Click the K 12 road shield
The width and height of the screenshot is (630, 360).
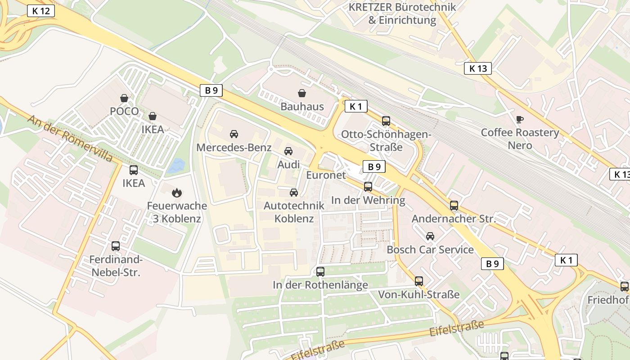coord(41,11)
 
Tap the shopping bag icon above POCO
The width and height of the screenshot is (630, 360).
coord(124,98)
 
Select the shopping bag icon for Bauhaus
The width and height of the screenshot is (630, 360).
coord(302,93)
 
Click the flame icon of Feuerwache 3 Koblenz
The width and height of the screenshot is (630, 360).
coord(176,193)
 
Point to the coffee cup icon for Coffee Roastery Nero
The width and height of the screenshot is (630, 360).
coord(520,119)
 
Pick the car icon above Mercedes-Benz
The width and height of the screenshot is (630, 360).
coord(234,134)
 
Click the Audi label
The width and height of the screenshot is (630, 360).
coord(288,164)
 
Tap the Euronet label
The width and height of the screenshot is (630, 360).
coord(326,175)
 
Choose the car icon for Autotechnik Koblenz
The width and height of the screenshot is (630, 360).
coord(294,193)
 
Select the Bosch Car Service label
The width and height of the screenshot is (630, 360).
coord(430,249)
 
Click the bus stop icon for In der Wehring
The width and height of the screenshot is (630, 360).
coord(368,186)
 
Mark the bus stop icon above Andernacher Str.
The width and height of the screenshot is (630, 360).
coord(454,206)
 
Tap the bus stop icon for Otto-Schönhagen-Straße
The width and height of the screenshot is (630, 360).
coord(386,121)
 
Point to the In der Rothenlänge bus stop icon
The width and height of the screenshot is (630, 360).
coord(320,271)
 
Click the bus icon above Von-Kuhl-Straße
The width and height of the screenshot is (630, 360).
coord(419,281)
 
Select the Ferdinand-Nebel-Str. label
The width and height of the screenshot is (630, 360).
coord(116,266)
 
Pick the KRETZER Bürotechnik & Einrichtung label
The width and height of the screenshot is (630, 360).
coord(402,13)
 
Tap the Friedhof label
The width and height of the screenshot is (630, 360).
coord(608,300)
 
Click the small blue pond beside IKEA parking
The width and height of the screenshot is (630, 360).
coord(176,166)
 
